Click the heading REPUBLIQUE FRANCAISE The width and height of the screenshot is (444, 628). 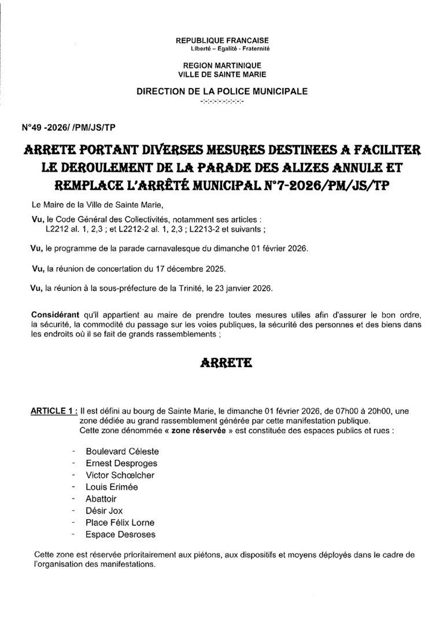221,41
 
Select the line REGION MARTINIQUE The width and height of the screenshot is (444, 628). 221,67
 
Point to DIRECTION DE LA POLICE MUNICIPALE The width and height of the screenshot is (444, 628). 221,91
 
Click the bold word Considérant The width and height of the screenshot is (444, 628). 55,313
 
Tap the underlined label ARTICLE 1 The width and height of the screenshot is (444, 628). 53,411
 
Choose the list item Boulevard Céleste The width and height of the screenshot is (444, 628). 122,451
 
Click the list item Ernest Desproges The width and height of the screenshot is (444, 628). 121,463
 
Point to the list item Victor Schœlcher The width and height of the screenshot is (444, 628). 120,475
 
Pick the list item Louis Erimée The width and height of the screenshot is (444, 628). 112,487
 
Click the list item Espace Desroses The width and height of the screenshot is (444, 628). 120,534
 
